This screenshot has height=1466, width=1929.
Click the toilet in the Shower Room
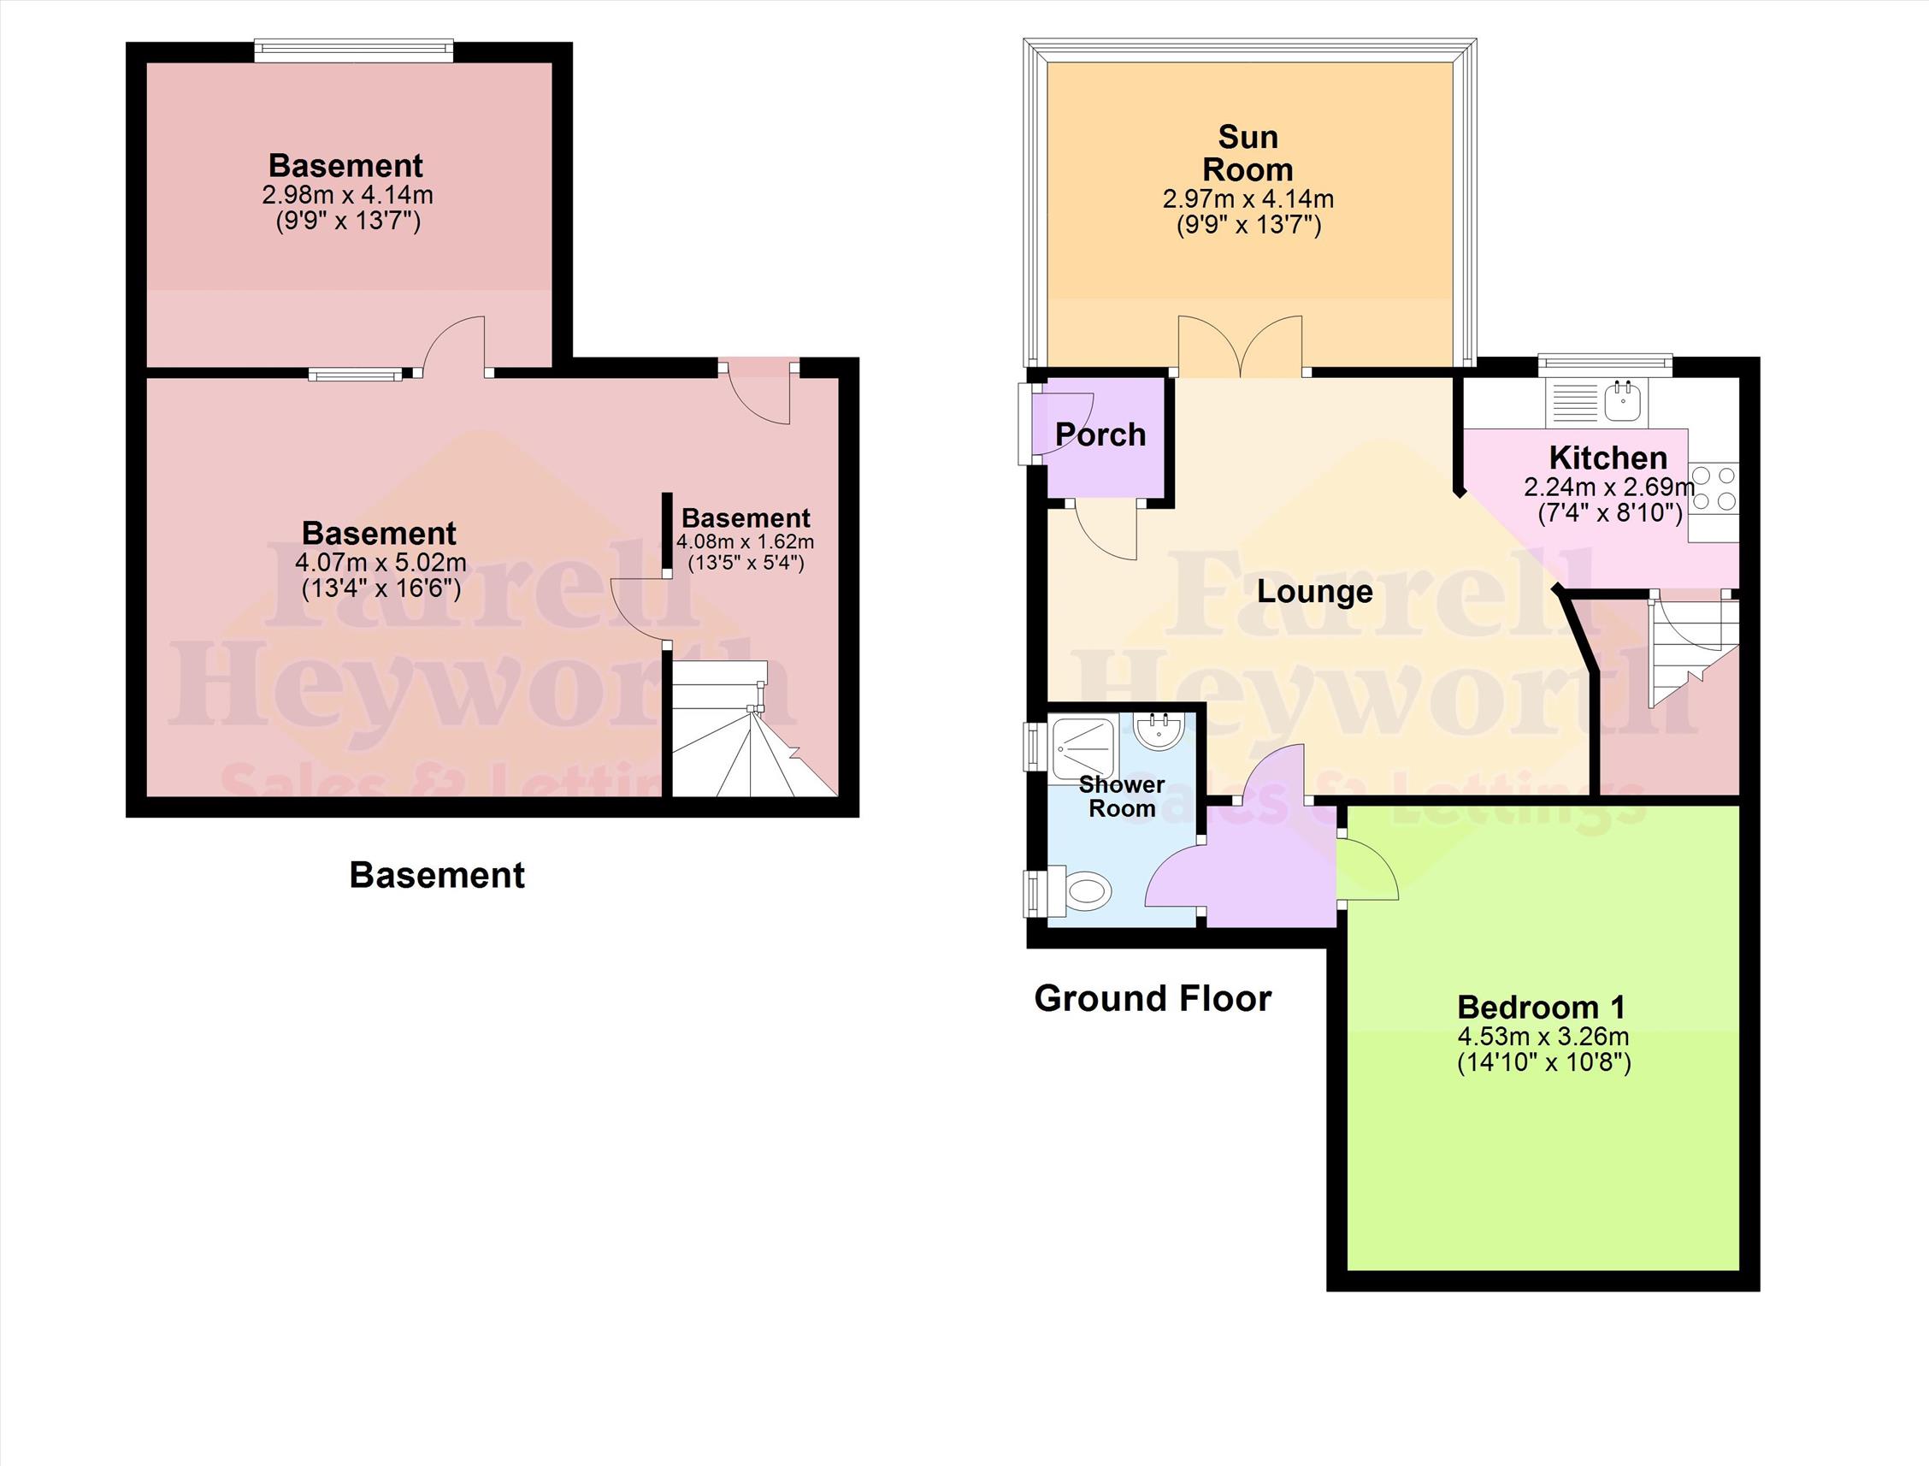(1087, 892)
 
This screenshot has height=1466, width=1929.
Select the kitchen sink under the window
(1622, 402)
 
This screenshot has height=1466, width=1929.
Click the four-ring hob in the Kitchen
(1713, 488)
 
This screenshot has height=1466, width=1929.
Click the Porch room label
(1100, 434)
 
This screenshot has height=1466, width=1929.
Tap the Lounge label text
(1315, 592)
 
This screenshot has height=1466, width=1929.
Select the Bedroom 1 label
(1542, 1007)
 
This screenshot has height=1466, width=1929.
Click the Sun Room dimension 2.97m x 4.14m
(1248, 199)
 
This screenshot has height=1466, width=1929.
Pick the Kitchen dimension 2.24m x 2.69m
(1609, 487)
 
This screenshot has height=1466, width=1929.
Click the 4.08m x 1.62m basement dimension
(745, 542)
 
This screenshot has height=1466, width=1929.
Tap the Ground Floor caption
(1153, 998)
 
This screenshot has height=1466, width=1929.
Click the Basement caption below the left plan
(437, 875)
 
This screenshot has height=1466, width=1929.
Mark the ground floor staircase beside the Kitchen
(1688, 650)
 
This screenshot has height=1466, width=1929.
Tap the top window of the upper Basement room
(354, 52)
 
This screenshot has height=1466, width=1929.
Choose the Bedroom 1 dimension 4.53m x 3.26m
(1543, 1037)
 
